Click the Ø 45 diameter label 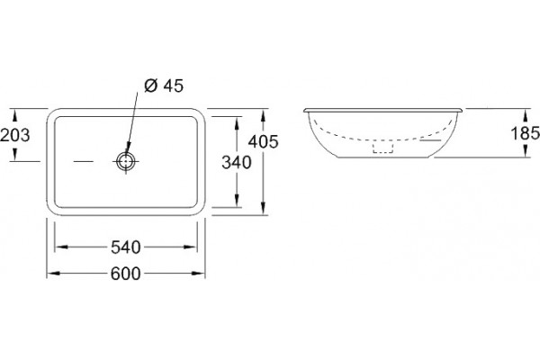point(164,85)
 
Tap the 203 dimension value point(15,135)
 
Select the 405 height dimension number point(264,141)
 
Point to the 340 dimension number point(237,163)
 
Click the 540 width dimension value point(126,247)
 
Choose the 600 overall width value point(126,274)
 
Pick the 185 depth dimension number point(525,133)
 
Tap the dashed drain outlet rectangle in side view point(383,148)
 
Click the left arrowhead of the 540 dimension point(61,247)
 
